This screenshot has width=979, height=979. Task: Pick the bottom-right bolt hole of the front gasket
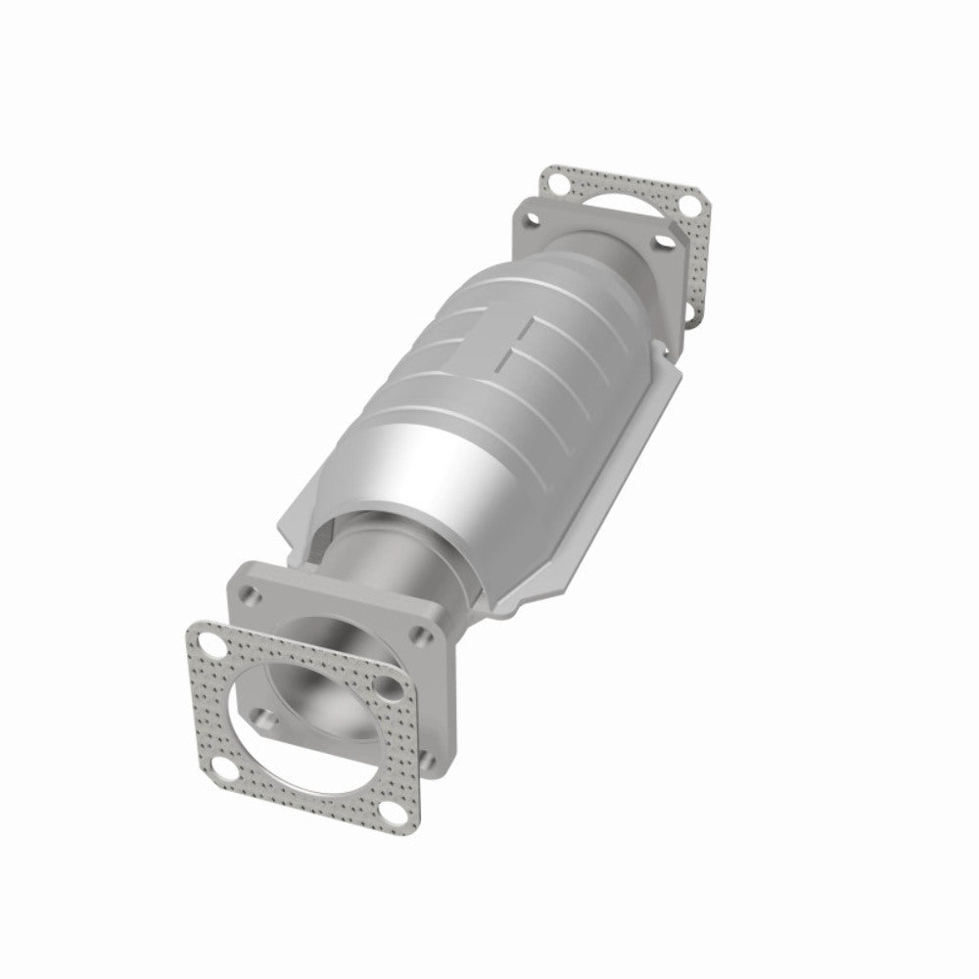point(395,812)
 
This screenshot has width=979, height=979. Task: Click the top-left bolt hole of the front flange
point(253,593)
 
